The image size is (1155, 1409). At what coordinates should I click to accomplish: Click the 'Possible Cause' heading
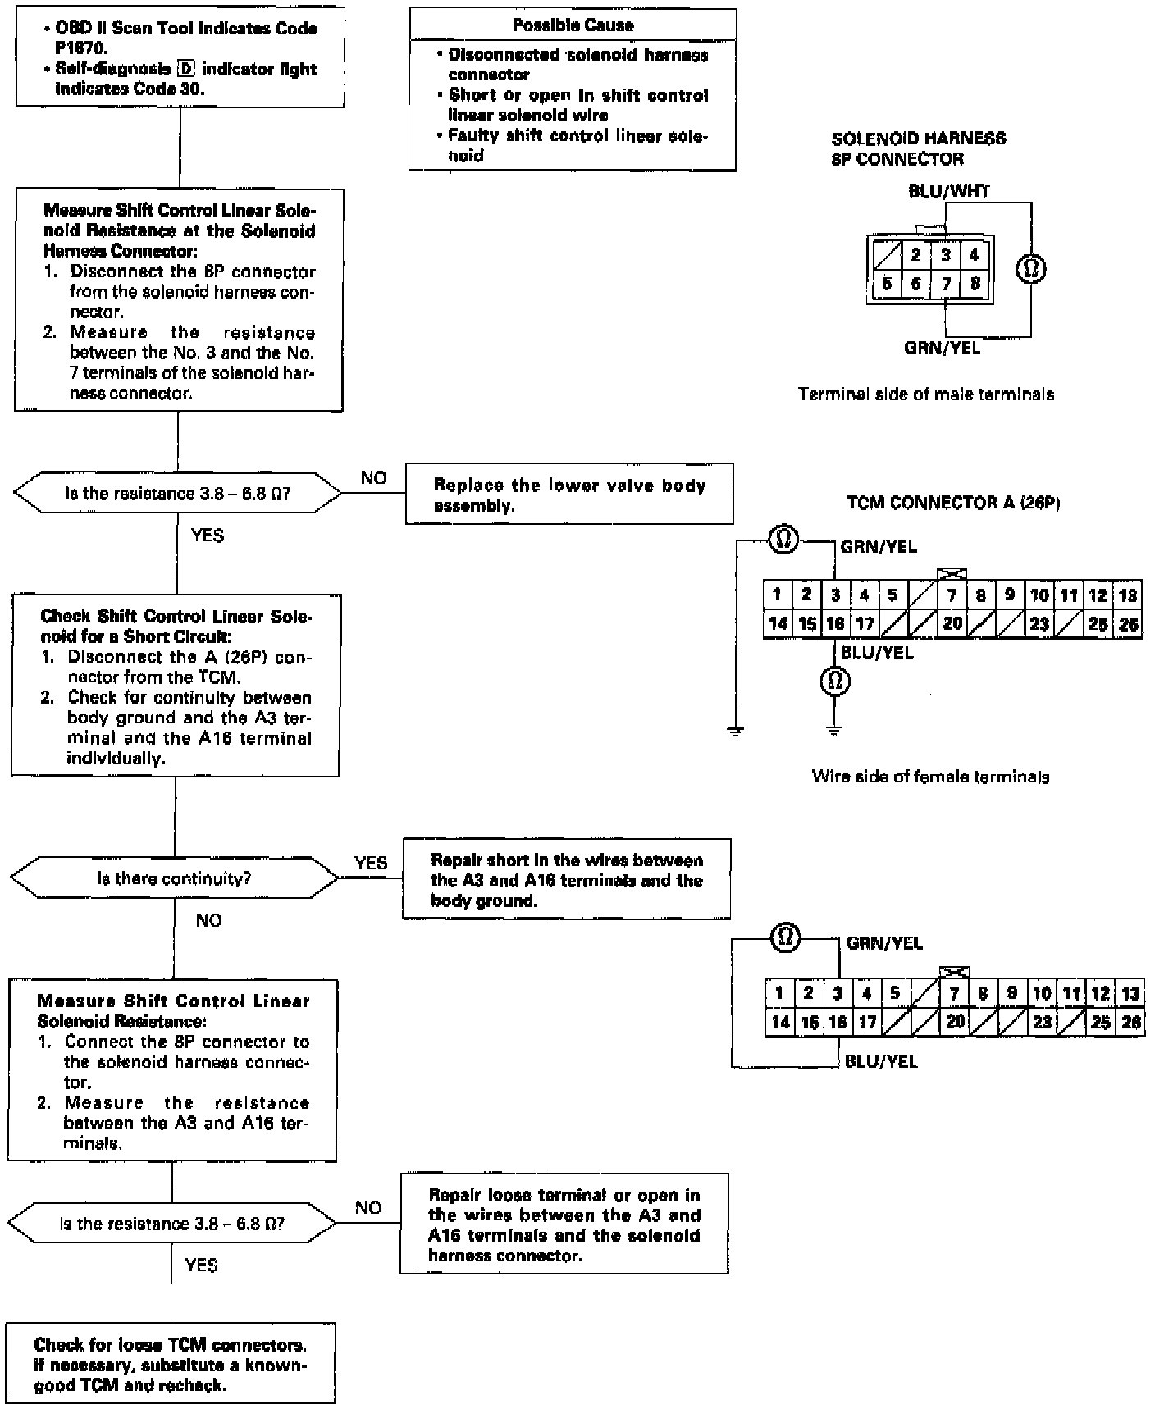(x=573, y=25)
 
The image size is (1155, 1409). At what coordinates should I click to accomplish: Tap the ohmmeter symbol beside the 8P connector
(x=1030, y=268)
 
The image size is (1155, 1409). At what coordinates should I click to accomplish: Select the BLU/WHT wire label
(x=948, y=191)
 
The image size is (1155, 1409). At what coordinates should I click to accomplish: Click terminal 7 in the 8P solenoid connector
(x=946, y=284)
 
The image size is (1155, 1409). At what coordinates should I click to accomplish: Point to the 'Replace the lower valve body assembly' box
(x=569, y=495)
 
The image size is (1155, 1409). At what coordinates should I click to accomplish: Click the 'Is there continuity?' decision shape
(x=175, y=878)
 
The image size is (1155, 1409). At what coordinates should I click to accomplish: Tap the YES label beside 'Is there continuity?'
(x=371, y=863)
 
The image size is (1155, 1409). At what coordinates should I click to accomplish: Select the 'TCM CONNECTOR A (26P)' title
(x=953, y=502)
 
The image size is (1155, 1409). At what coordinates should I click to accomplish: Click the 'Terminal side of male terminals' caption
(x=926, y=394)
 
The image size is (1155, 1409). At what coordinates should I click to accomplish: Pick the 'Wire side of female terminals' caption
(x=930, y=776)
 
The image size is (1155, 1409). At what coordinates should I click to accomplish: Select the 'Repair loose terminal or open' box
(x=564, y=1225)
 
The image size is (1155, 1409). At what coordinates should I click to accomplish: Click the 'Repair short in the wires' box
(x=566, y=880)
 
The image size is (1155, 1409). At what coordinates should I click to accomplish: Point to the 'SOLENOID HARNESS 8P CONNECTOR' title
(x=918, y=148)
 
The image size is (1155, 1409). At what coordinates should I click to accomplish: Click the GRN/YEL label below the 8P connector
(x=942, y=348)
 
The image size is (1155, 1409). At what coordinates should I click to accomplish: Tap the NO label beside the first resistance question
(x=373, y=478)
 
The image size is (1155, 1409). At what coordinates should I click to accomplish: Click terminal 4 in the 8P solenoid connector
(x=974, y=255)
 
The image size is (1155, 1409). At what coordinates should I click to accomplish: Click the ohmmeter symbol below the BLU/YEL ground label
(x=834, y=681)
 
